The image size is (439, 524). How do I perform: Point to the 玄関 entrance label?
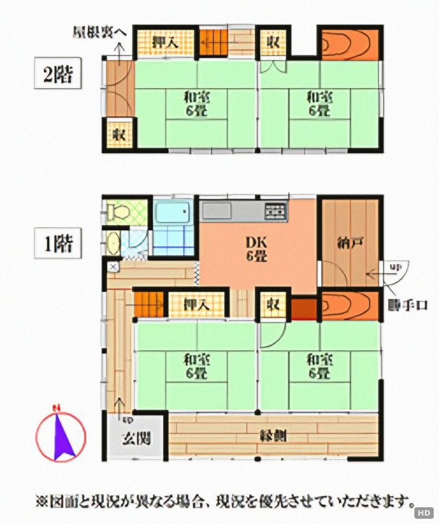tap(135, 438)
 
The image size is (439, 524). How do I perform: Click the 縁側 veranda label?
tap(273, 435)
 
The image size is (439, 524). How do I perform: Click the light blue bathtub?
tap(172, 212)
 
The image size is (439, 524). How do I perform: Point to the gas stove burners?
tap(275, 211)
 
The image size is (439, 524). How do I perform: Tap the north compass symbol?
tap(62, 436)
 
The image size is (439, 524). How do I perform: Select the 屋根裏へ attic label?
tap(100, 33)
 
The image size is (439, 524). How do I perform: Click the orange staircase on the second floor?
tap(213, 42)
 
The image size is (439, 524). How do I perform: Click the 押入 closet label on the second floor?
tap(165, 42)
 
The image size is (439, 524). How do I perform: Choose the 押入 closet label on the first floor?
tap(196, 304)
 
